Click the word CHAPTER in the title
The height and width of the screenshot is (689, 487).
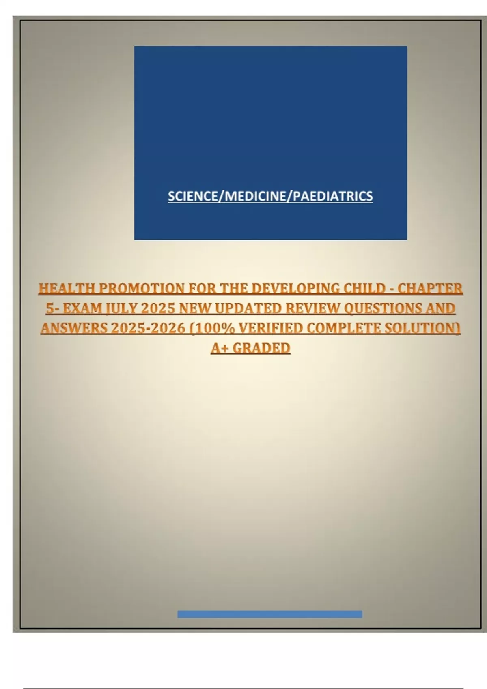coord(430,289)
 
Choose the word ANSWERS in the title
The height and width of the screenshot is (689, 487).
coord(74,328)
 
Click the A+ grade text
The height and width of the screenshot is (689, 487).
coord(220,348)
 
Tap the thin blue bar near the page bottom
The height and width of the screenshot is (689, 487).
coord(269,614)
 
